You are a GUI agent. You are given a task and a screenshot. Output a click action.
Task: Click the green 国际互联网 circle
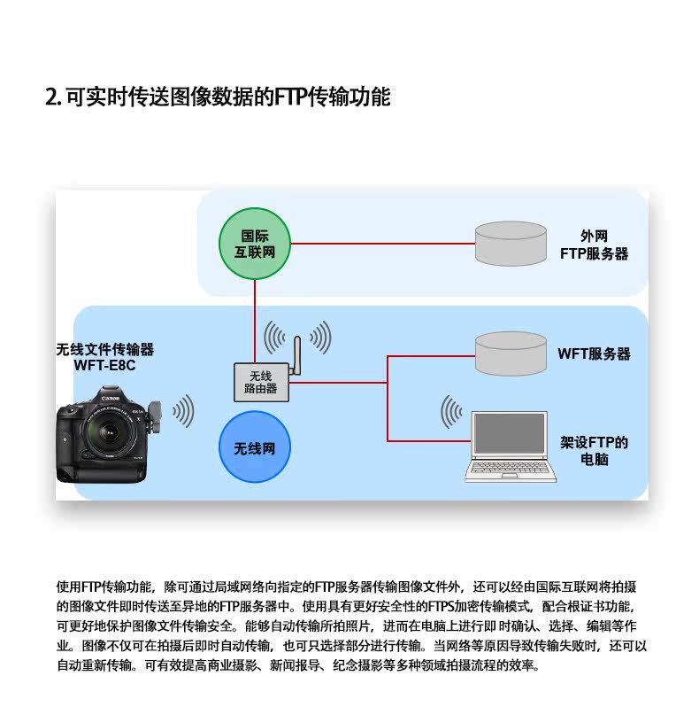(x=255, y=244)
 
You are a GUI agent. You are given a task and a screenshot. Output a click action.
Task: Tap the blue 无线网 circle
(x=255, y=448)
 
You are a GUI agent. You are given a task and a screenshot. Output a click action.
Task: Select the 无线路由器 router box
(x=260, y=381)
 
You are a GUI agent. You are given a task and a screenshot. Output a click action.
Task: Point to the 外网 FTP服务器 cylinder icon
(x=510, y=243)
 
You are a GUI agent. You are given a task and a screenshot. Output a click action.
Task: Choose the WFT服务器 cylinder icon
(x=510, y=353)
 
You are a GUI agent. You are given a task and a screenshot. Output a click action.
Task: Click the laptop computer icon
(x=511, y=447)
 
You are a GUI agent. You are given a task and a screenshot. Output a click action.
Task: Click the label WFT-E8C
(x=104, y=365)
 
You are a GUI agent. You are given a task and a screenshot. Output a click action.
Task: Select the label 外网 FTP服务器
(x=594, y=245)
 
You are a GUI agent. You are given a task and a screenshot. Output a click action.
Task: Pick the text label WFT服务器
(x=594, y=353)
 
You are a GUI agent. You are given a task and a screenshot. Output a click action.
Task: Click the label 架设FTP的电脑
(x=594, y=451)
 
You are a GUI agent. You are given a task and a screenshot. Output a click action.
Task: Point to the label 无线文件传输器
(x=104, y=349)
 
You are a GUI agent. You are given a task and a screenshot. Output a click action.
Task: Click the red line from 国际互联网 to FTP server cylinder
(x=380, y=244)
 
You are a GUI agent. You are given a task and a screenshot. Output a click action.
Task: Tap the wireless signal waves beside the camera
(x=182, y=410)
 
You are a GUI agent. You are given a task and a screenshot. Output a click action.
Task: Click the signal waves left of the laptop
(x=451, y=413)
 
